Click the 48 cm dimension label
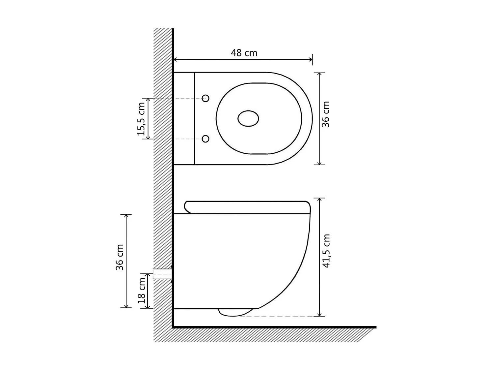click(x=244, y=53)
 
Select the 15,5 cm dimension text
click(x=141, y=119)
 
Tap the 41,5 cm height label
click(x=326, y=251)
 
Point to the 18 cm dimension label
click(x=142, y=291)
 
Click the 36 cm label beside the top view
click(x=325, y=114)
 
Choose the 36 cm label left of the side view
click(x=120, y=257)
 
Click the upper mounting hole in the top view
click(x=206, y=98)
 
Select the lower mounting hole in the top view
click(x=206, y=139)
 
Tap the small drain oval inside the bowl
click(x=248, y=118)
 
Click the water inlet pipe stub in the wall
click(x=162, y=274)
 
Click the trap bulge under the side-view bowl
click(x=234, y=312)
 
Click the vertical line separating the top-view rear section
click(x=195, y=119)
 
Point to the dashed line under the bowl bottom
click(x=277, y=316)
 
